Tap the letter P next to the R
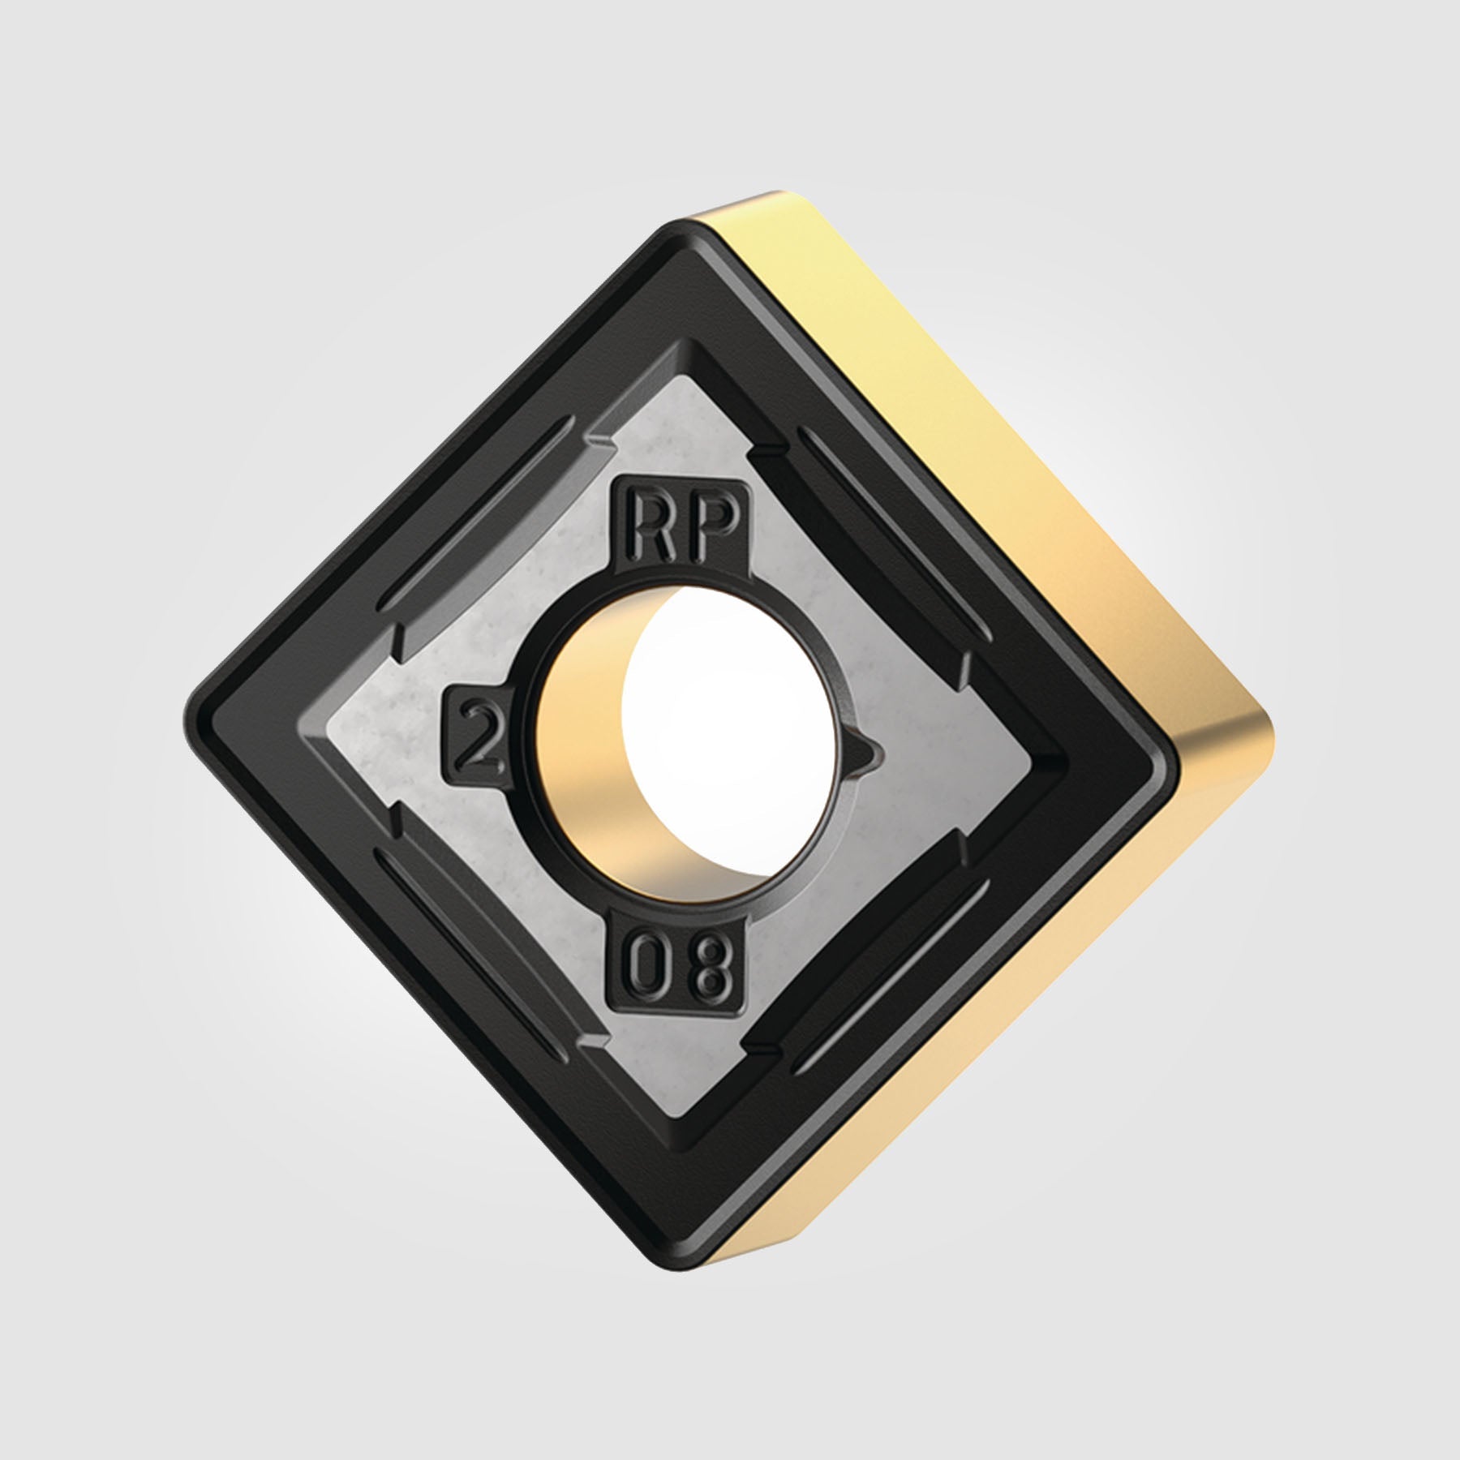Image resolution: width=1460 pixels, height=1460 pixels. pyautogui.click(x=714, y=526)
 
